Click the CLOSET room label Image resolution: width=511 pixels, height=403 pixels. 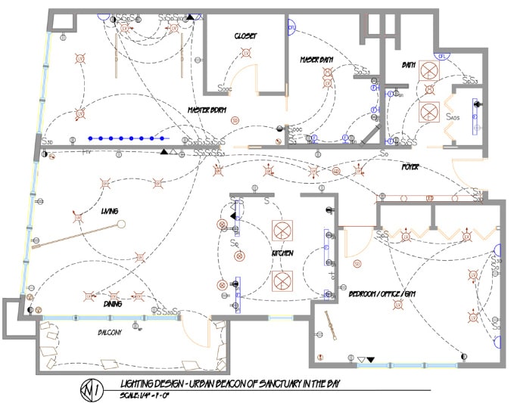(x=245, y=36)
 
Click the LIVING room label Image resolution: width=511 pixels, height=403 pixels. (x=110, y=211)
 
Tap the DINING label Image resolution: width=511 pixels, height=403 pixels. (x=113, y=303)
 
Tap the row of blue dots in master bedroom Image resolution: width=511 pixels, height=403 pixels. (x=127, y=138)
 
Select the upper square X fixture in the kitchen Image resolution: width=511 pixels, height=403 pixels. (x=283, y=230)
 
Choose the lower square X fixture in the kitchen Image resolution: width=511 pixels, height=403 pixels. (x=283, y=281)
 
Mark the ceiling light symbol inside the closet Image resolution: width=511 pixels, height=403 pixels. (x=245, y=53)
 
